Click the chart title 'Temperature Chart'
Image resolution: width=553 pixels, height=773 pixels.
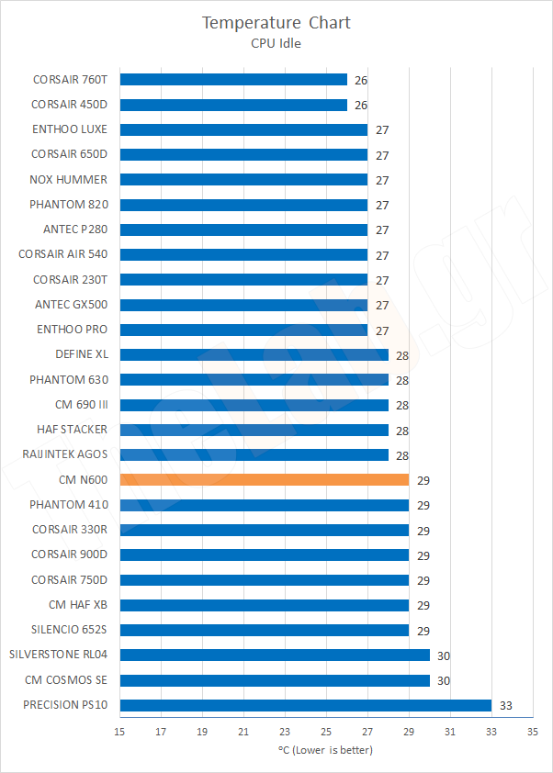tap(276, 22)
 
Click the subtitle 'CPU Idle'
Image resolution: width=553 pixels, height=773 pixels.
tap(276, 41)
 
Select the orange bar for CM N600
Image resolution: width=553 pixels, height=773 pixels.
tap(265, 479)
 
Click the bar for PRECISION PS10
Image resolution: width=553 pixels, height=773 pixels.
tap(306, 705)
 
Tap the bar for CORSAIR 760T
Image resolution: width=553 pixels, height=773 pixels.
tap(233, 79)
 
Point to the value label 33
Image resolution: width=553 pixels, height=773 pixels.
tap(506, 706)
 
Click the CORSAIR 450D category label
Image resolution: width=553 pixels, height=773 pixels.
tap(70, 104)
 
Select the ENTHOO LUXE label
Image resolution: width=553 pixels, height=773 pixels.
tap(70, 129)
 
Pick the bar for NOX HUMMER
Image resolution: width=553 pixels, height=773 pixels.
tap(243, 179)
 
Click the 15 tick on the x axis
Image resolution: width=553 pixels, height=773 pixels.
tap(119, 732)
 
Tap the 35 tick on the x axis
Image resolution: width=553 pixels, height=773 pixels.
tap(532, 732)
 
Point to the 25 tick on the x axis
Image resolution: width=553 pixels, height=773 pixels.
tap(326, 732)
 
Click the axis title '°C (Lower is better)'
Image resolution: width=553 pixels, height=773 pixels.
tap(325, 750)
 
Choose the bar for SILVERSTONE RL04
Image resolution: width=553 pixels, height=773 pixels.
tap(275, 655)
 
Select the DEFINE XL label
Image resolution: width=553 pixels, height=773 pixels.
tap(81, 354)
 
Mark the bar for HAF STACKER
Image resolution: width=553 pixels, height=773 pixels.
tap(254, 430)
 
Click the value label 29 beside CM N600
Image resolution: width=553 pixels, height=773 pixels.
tap(423, 480)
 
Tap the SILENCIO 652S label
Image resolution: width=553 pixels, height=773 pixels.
tap(69, 630)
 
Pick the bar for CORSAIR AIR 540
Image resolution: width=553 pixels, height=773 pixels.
tap(243, 254)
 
